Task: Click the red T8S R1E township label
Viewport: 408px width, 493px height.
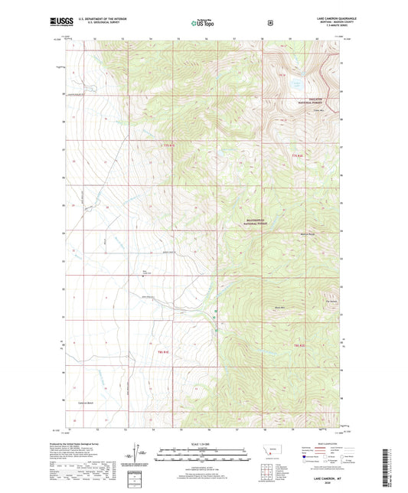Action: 162,351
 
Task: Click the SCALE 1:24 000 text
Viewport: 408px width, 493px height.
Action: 202,445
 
